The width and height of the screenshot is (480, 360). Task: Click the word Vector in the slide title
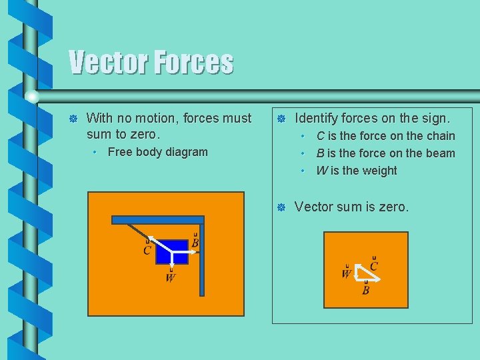point(109,63)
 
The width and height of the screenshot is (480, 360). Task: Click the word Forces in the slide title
point(194,63)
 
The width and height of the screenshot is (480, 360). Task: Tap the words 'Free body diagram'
point(157,152)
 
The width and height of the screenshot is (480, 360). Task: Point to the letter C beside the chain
point(147,251)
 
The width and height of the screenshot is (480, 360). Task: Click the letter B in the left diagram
point(195,243)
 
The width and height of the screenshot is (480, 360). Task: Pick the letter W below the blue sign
point(171,277)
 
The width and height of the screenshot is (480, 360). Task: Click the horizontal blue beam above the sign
point(157,219)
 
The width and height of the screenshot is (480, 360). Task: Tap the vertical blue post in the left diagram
point(201,260)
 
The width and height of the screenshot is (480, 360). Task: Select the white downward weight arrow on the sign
point(171,260)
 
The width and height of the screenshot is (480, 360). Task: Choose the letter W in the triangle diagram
point(347,273)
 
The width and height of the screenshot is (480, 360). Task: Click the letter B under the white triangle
point(365,290)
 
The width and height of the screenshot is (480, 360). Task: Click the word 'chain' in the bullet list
point(441,136)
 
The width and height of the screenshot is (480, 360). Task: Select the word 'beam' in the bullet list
point(441,153)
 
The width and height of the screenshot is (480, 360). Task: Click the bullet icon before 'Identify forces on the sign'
point(281,119)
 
